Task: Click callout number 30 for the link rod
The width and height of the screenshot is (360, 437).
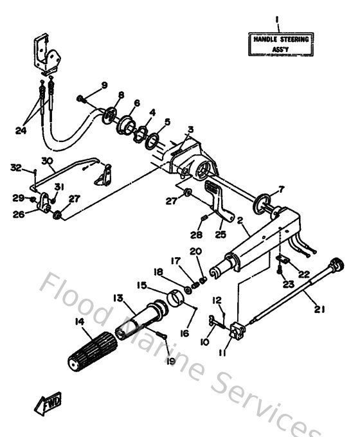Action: [46, 161]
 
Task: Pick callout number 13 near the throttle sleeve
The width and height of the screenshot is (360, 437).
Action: [118, 298]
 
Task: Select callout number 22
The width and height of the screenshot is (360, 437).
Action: [303, 273]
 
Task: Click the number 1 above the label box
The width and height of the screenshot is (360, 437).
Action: [278, 20]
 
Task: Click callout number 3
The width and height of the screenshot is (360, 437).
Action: [190, 129]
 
